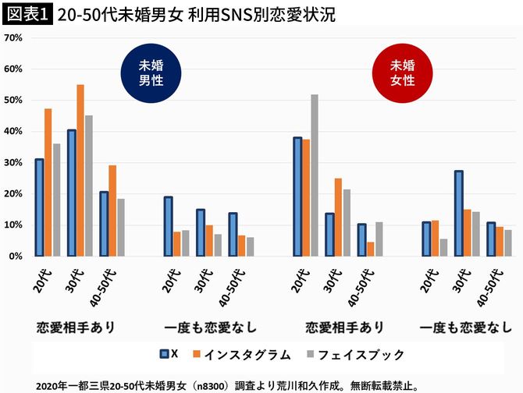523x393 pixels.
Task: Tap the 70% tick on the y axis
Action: (x=12, y=37)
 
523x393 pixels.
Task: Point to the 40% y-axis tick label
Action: (x=12, y=131)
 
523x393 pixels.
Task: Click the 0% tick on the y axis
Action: (x=15, y=256)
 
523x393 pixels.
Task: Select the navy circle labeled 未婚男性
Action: (x=151, y=73)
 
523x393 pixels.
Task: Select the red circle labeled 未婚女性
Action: (x=403, y=73)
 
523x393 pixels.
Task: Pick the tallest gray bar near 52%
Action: (x=314, y=175)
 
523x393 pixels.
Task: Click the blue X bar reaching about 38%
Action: (x=297, y=196)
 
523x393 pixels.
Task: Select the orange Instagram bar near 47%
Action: (x=48, y=182)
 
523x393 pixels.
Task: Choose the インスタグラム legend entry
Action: (x=249, y=354)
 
